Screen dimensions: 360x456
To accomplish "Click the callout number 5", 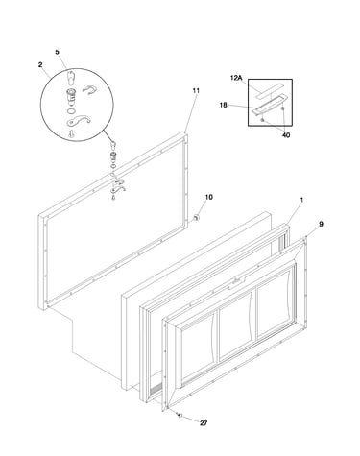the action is (x=58, y=52).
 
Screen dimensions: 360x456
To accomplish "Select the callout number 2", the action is (x=40, y=65).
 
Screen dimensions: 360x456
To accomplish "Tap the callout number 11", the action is (x=196, y=91).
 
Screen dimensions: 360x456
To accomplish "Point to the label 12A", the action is (x=236, y=78).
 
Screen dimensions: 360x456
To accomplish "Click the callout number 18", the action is (x=224, y=105).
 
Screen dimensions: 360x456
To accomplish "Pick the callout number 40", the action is (x=286, y=135).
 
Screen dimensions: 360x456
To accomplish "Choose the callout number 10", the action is (x=208, y=197).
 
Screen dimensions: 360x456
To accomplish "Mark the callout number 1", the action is (x=301, y=200).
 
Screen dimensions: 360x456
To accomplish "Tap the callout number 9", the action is (x=321, y=225).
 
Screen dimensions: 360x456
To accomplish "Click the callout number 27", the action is (x=204, y=423).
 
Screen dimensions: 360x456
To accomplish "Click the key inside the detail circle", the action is (x=72, y=78).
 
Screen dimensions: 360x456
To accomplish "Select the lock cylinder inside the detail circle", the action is (x=71, y=96).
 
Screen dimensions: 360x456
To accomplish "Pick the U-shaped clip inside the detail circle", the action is (x=89, y=90).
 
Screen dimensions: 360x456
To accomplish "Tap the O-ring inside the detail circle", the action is (x=72, y=111).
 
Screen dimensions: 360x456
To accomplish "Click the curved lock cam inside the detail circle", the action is (x=79, y=120).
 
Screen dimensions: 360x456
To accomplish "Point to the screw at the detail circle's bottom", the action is (x=71, y=134).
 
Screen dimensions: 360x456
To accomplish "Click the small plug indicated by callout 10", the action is (x=196, y=218).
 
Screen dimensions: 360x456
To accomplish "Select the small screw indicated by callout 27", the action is (x=180, y=415).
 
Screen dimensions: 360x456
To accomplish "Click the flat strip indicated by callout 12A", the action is (x=269, y=90).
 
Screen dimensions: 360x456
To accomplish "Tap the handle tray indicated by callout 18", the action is (x=269, y=104).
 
